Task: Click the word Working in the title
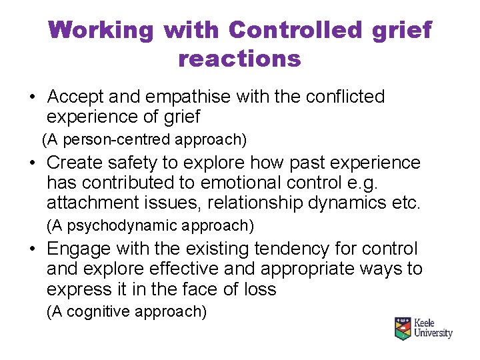pos(101,30)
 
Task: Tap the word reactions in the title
pos(239,59)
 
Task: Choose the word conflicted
pos(345,97)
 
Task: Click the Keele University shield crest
pos(402,329)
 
